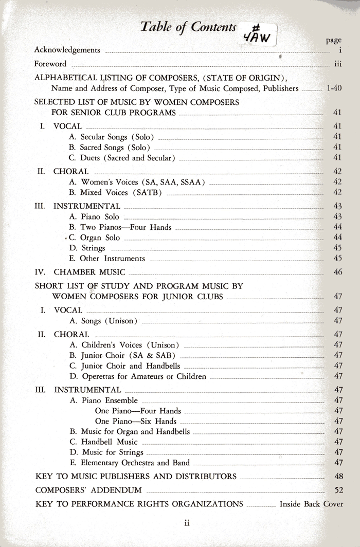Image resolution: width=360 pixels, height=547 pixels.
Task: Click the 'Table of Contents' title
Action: [188, 27]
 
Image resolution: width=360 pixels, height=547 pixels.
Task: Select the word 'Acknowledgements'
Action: [67, 50]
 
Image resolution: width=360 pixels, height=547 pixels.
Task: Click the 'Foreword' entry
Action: [50, 64]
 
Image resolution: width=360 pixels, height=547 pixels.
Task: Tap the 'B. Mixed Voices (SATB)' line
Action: [116, 193]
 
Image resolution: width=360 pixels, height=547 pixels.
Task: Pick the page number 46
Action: [338, 272]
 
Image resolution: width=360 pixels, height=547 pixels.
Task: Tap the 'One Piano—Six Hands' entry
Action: [138, 421]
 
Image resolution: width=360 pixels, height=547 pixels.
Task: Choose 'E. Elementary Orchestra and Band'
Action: [130, 463]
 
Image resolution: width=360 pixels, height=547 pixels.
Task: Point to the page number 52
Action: [338, 490]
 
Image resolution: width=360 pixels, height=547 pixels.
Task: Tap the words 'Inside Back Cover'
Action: [311, 504]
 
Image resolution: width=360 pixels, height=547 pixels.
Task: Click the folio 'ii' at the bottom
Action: [188, 523]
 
